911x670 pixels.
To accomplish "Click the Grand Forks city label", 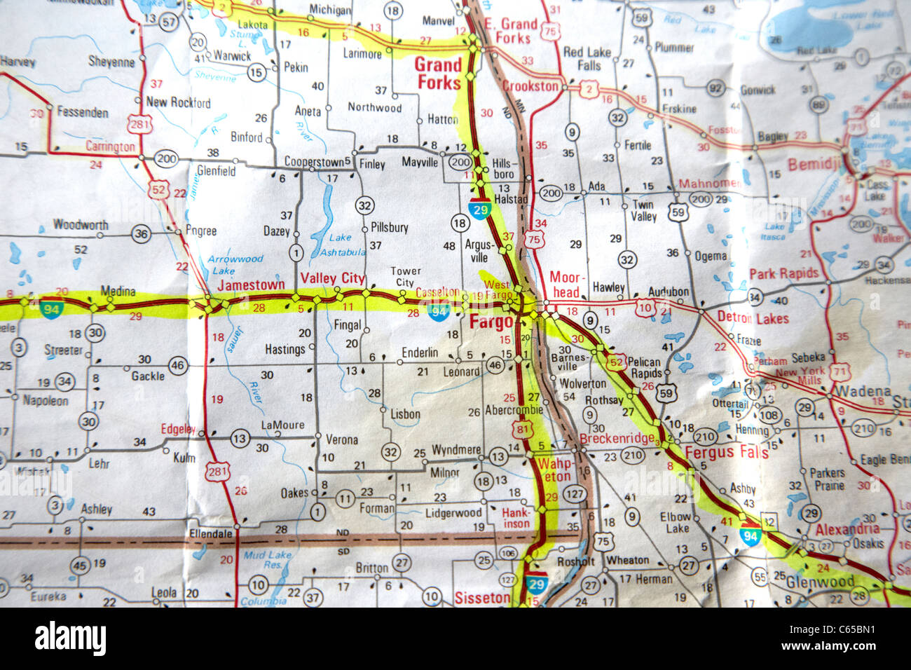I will point(439,74).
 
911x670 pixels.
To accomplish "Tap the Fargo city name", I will point(491,322).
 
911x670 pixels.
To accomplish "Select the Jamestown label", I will point(251,285).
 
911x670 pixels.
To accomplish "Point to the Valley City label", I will point(332,278).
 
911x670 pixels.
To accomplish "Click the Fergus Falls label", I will point(727,452).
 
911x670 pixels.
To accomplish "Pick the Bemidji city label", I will point(813,165).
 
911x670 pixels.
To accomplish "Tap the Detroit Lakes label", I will point(753,318).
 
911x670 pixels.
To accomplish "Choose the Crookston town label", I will point(530,86).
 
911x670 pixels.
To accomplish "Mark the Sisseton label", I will point(482,598).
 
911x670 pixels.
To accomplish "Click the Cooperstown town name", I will point(313,162).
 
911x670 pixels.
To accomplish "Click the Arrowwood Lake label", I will point(235,264).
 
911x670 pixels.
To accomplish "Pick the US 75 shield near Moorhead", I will point(535,240).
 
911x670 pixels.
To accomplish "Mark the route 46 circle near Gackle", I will point(178,364).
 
